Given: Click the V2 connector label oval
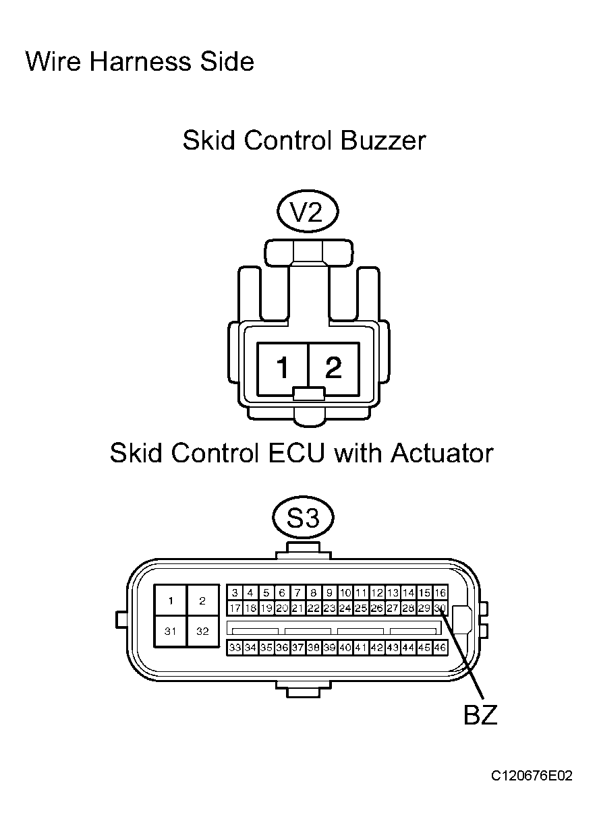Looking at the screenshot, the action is point(308,211).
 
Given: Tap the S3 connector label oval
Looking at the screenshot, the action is point(304,518).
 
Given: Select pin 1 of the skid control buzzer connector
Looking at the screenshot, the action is point(283,369).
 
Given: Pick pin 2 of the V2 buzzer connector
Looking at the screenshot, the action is point(334,369).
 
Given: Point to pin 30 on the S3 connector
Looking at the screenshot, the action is point(440,608).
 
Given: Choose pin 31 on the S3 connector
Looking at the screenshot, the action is point(171,632).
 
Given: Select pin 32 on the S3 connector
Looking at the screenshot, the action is point(203,632).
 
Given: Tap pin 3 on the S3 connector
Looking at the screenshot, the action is point(235,593).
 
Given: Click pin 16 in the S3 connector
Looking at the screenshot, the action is point(440,593).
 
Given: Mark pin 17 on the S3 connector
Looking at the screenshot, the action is point(235,608).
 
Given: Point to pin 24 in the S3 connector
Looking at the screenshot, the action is point(345,608).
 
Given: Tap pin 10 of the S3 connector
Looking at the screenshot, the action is point(345,593).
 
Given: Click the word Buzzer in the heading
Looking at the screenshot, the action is point(382,141).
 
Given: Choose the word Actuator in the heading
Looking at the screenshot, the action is point(442,453).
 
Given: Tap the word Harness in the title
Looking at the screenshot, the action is point(140,61).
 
